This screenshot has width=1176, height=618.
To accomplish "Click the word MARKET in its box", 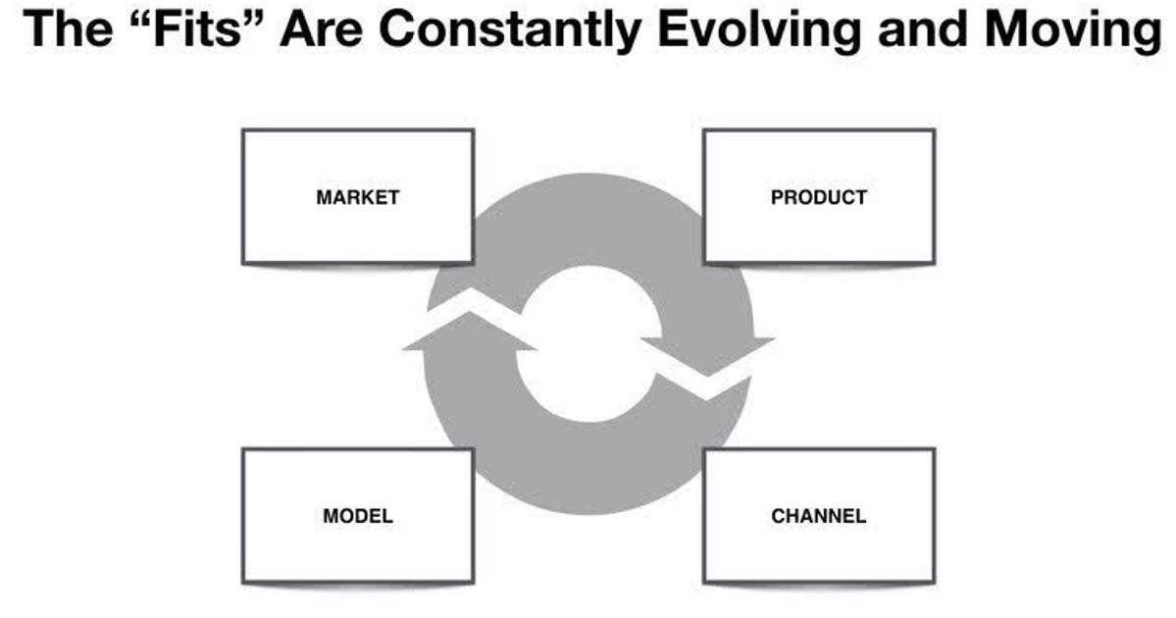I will [357, 197].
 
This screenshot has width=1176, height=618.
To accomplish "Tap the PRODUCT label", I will [819, 197].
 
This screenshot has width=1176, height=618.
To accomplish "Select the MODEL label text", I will [357, 516].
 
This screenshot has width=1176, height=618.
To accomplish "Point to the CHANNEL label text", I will [819, 516].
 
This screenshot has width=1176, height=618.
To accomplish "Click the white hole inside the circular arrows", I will [587, 343].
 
